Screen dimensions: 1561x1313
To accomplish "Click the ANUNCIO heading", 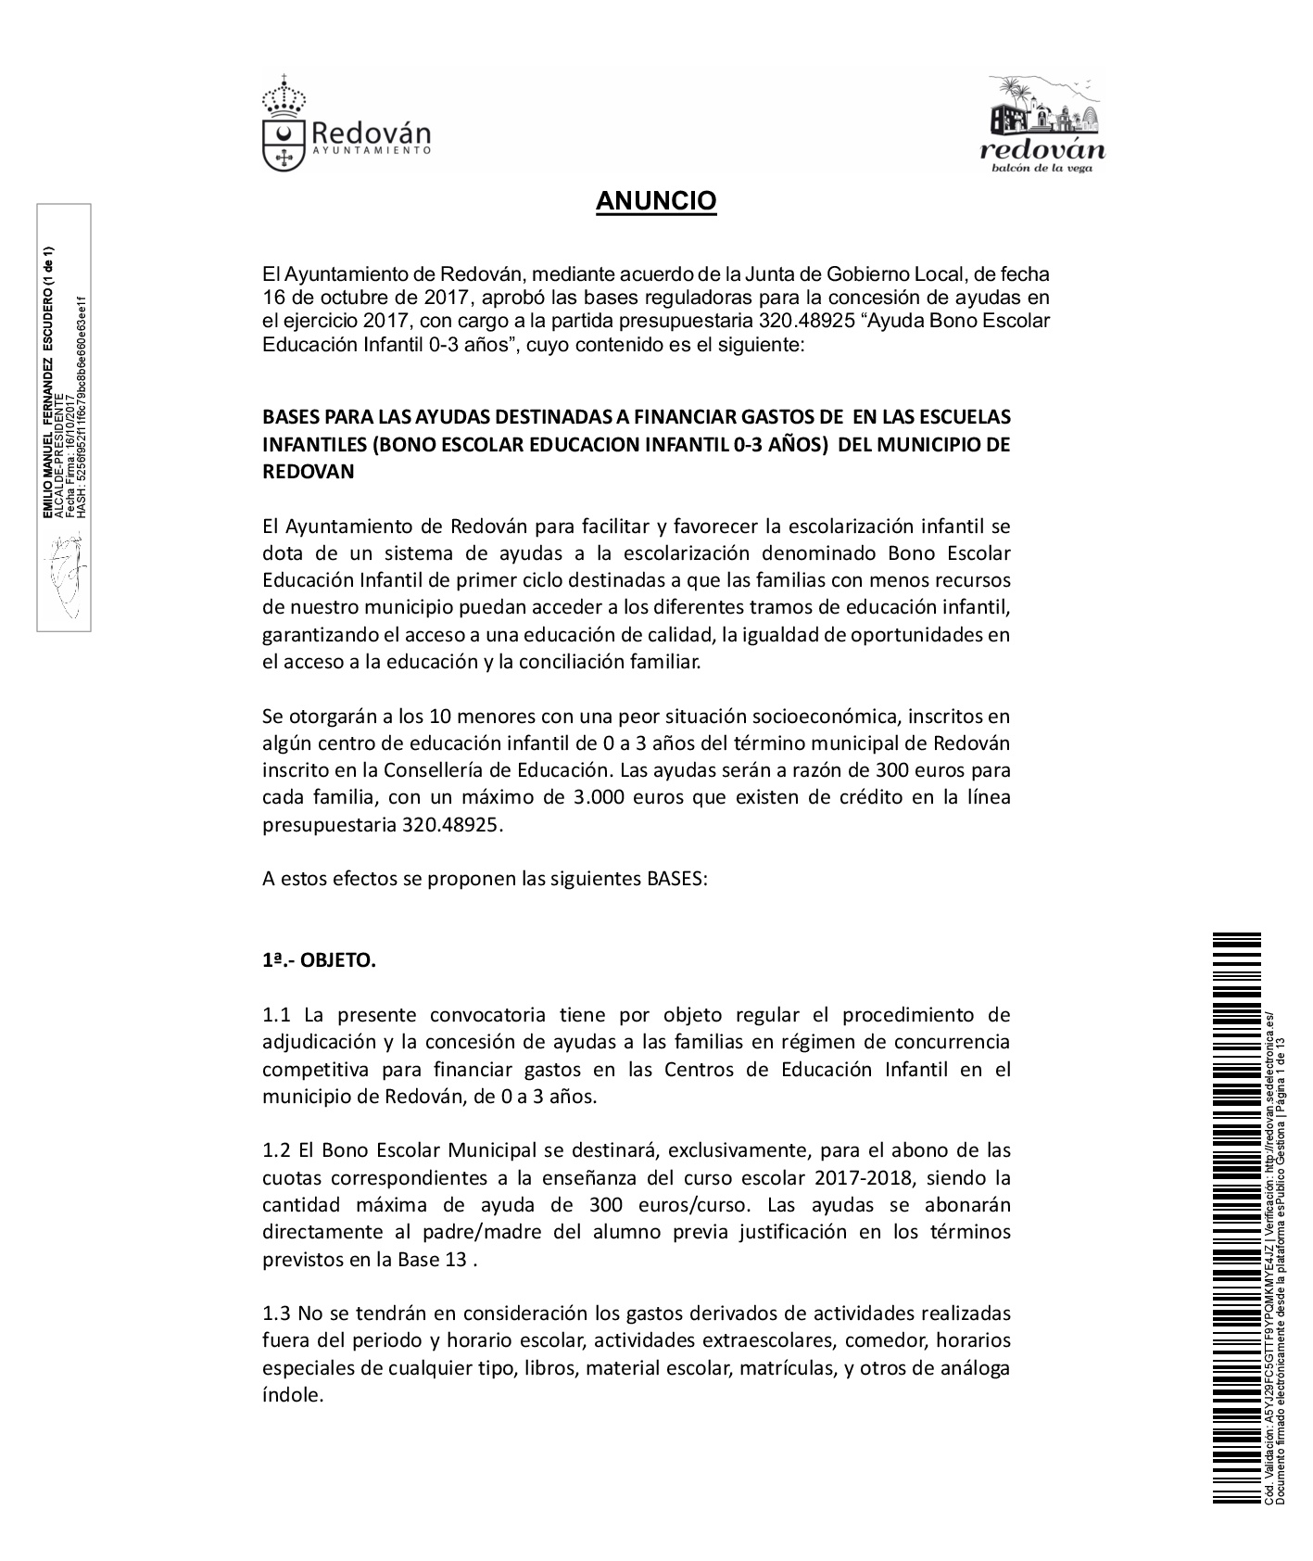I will pos(656,201).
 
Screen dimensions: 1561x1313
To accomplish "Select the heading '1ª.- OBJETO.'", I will pos(319,960).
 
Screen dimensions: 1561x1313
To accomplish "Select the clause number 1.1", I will pos(276,1015).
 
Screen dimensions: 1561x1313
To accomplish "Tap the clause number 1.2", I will pos(276,1150).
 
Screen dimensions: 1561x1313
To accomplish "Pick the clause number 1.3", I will pos(276,1313).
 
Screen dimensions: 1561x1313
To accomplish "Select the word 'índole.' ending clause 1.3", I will pos(293,1394).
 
